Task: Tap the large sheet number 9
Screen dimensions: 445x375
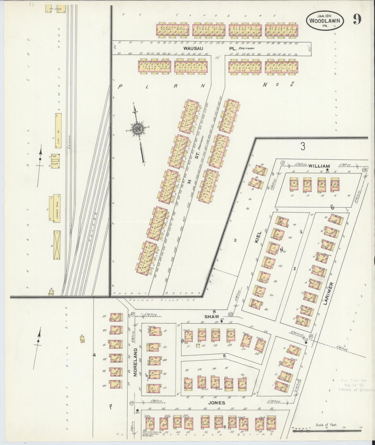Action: coord(357,19)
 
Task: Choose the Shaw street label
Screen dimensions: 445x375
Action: coord(210,317)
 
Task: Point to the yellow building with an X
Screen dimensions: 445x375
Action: coord(57,245)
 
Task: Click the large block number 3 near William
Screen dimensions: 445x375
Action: coord(302,147)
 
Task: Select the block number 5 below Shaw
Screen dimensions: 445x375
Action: coord(224,356)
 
